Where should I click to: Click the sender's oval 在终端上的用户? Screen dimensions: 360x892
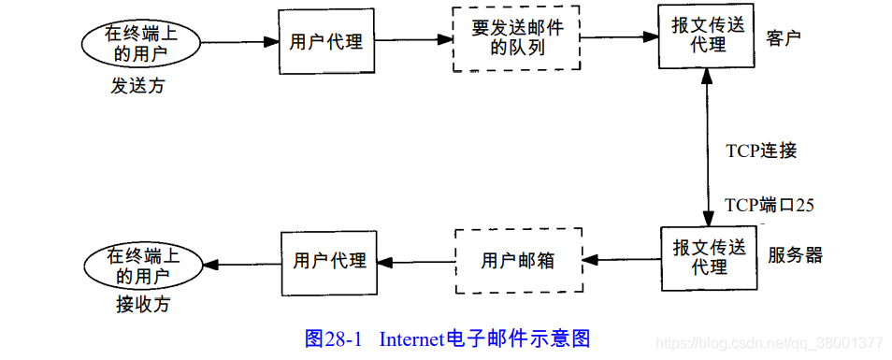click(x=140, y=43)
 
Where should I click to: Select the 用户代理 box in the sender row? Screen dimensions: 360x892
click(x=325, y=42)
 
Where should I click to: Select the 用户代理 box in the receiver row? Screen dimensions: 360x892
click(x=329, y=261)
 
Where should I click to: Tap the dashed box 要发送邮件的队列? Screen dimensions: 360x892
click(x=517, y=38)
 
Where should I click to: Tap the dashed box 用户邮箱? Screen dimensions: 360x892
click(x=518, y=261)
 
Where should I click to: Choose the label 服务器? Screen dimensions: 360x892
click(x=795, y=254)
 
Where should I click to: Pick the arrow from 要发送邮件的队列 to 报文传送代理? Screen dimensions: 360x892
click(x=620, y=38)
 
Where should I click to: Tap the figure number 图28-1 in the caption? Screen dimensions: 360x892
click(x=334, y=338)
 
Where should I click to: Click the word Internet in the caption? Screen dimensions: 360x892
click(x=412, y=338)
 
